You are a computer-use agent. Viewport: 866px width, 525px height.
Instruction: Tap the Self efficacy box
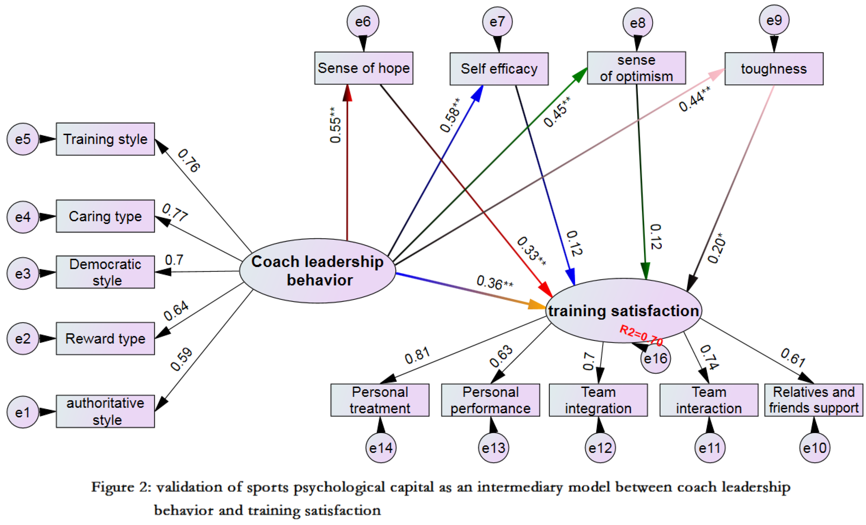point(499,69)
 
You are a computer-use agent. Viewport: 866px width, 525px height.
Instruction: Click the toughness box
point(774,69)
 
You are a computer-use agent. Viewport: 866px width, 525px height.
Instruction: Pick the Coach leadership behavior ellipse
point(317,271)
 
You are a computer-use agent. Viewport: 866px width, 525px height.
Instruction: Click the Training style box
point(105,139)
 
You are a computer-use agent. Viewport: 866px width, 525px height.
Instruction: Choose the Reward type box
point(105,339)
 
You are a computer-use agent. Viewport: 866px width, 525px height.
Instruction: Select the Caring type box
point(105,216)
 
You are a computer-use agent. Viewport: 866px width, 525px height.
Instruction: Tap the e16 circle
point(655,358)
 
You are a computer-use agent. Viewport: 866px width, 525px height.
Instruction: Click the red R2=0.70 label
point(641,335)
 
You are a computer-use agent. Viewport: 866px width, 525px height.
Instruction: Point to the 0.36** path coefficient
point(495,282)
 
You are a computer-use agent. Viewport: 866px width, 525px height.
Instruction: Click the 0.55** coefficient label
point(335,125)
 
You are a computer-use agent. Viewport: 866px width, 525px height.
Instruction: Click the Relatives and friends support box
point(814,400)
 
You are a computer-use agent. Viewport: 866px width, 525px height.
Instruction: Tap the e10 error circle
point(815,448)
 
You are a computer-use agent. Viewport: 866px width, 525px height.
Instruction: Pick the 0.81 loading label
point(418,356)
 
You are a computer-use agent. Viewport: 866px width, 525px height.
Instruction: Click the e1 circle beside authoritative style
point(23,412)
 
